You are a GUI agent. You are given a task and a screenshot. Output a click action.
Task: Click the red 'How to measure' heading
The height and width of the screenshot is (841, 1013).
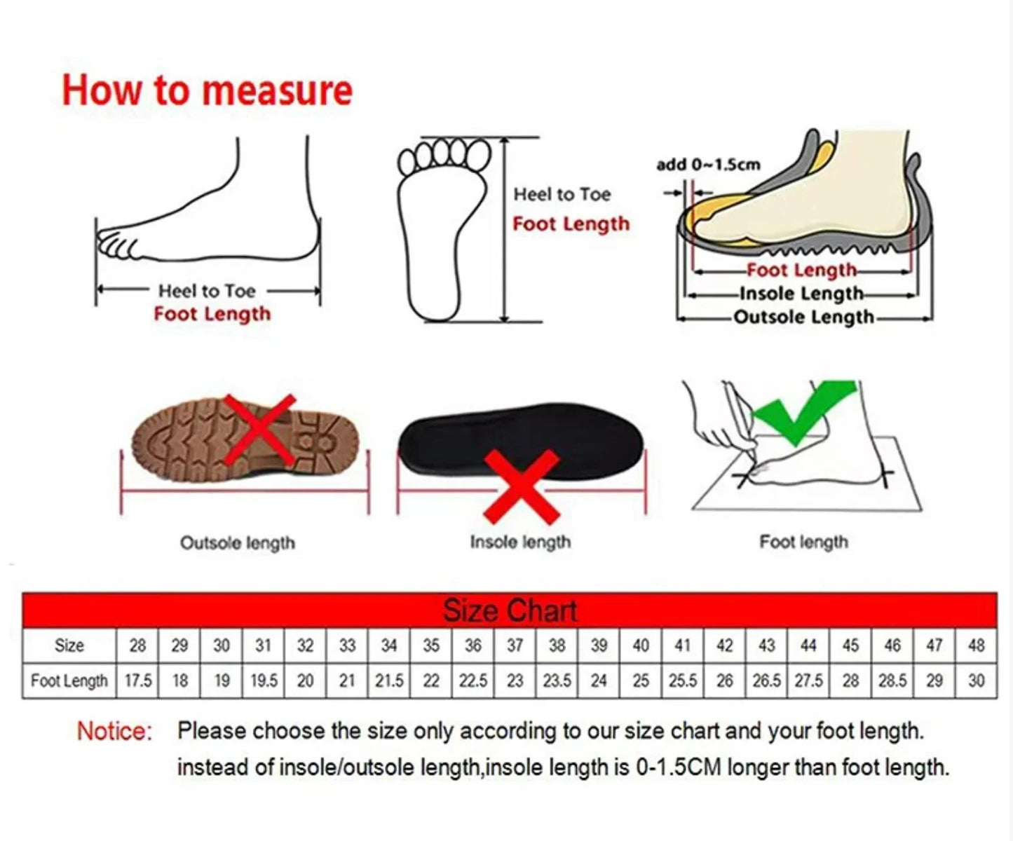[207, 91]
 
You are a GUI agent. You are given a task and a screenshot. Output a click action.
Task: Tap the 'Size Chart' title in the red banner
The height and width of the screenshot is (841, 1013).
[510, 610]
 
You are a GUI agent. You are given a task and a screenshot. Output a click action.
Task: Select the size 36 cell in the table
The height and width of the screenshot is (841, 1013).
[473, 645]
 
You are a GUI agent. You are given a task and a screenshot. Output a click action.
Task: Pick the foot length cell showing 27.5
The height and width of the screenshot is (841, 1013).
[808, 681]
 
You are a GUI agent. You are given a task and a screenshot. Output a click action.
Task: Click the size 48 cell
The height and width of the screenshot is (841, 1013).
[976, 645]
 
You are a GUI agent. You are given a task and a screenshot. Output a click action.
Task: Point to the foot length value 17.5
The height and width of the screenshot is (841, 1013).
[138, 681]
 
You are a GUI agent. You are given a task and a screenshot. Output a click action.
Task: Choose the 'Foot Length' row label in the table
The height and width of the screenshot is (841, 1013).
[69, 681]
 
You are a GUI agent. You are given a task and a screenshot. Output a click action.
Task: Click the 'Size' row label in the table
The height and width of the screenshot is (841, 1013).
[69, 645]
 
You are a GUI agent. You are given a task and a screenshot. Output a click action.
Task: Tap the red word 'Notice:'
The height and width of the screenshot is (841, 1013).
[114, 731]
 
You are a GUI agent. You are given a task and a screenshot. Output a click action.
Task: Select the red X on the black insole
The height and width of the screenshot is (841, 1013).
[522, 487]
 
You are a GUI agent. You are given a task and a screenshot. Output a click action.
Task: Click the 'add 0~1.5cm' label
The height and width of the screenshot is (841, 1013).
[708, 165]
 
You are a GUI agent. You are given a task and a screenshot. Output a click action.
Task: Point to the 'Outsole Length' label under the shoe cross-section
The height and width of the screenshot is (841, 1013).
[803, 317]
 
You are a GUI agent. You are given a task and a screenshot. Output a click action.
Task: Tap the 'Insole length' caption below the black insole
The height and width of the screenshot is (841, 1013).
[520, 542]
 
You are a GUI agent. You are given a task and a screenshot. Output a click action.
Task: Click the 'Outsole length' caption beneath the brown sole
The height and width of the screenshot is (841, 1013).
[238, 543]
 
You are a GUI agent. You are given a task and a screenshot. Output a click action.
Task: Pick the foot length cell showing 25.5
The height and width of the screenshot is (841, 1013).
[682, 681]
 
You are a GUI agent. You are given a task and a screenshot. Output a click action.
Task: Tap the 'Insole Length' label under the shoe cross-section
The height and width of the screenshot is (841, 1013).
[801, 294]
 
